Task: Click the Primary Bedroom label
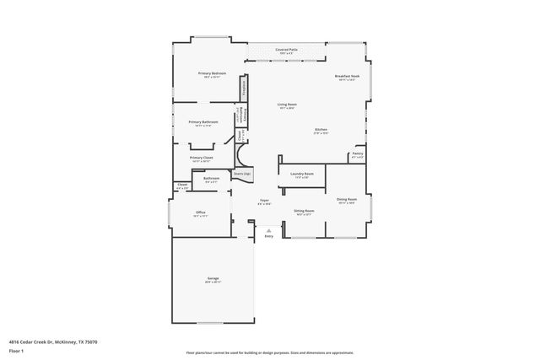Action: pyautogui.click(x=213, y=74)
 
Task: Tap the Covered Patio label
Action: pyautogui.click(x=286, y=51)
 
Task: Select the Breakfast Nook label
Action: pyautogui.click(x=347, y=77)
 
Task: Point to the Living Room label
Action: pyautogui.click(x=287, y=105)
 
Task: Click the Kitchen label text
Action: pyautogui.click(x=321, y=130)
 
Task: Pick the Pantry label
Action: pyautogui.click(x=357, y=155)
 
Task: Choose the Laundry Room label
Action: pyautogui.click(x=302, y=174)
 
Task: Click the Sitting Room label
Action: pyautogui.click(x=304, y=211)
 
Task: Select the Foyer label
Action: pyautogui.click(x=263, y=201)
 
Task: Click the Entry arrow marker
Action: pyautogui.click(x=268, y=229)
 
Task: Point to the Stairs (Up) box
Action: pyautogui.click(x=242, y=174)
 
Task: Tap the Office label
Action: pyautogui.click(x=201, y=212)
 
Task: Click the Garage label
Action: pyautogui.click(x=213, y=279)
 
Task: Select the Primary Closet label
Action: pyautogui.click(x=201, y=158)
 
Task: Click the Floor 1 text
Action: pyautogui.click(x=16, y=350)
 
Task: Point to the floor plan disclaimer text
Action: pyautogui.click(x=269, y=352)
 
